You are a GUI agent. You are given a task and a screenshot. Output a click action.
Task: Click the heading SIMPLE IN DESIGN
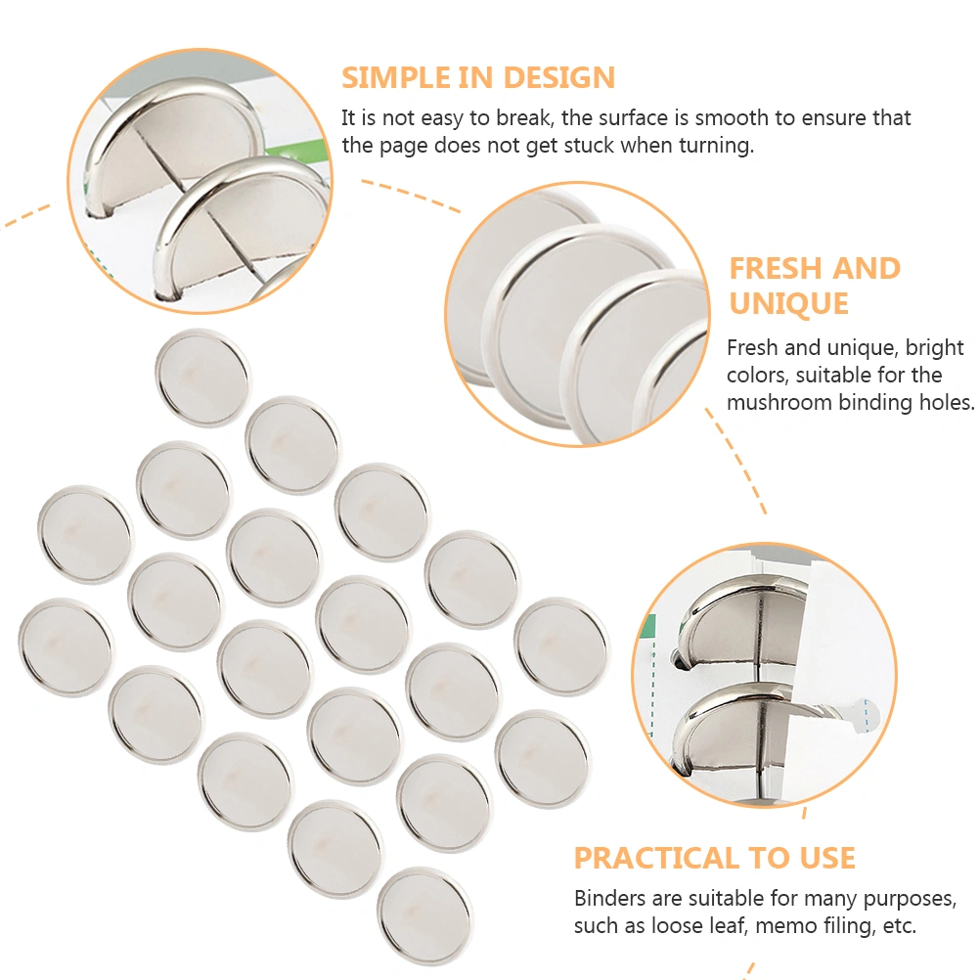tap(478, 77)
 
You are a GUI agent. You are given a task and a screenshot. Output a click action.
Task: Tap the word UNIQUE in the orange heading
tap(788, 304)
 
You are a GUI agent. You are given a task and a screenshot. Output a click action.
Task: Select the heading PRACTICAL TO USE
tap(714, 858)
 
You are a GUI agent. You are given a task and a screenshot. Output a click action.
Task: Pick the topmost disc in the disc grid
tap(201, 378)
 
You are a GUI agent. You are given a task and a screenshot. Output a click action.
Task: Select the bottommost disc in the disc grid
tap(424, 915)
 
